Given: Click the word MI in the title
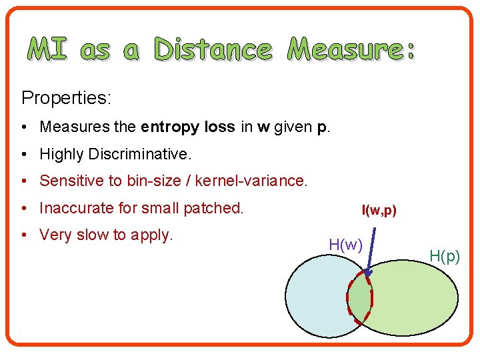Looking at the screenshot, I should (47, 49).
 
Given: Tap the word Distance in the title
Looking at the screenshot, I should (213, 49).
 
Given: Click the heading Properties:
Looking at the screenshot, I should (66, 98).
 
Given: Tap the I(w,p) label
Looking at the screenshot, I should (379, 211).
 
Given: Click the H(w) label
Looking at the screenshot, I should (345, 245).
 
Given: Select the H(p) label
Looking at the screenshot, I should (445, 255).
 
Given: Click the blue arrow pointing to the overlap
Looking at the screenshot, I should (372, 250).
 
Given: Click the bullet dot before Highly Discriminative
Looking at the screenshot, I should (23, 155).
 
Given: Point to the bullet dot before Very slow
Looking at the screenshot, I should (23, 235).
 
